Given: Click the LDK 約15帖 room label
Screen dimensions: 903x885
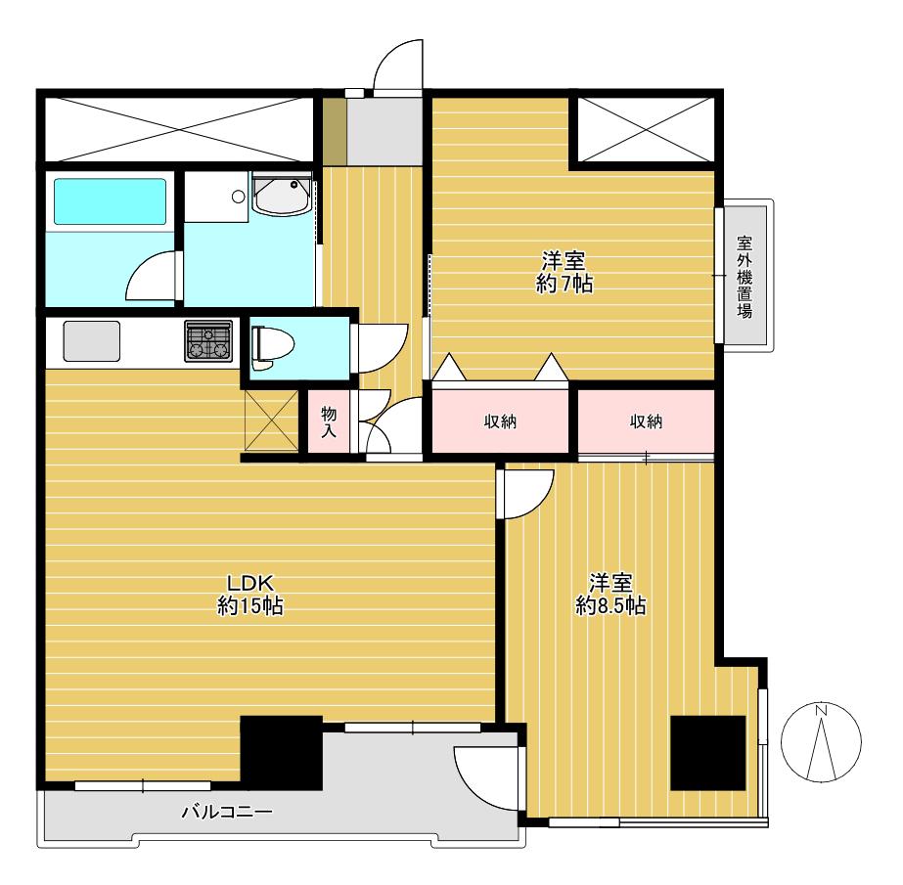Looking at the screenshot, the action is click(x=249, y=595).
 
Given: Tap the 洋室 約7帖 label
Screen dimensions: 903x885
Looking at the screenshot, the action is click(x=564, y=273).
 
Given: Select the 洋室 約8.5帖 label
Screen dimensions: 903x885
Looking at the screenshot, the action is click(x=610, y=595).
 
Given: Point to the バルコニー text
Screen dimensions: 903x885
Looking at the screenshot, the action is click(x=227, y=812).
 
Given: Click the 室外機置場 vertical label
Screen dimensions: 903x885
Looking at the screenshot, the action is click(x=745, y=277).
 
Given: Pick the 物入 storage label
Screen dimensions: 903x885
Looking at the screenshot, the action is click(x=329, y=421).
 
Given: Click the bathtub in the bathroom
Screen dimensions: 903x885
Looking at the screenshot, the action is click(x=110, y=200).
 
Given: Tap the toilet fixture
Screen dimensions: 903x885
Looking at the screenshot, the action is click(x=272, y=348).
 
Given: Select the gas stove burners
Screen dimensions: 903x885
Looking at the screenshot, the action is click(x=208, y=341).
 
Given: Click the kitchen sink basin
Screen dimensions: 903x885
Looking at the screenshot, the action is click(x=92, y=341).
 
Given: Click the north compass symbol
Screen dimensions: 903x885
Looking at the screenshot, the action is click(x=821, y=741).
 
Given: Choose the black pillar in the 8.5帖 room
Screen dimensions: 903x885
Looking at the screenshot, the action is click(x=708, y=753).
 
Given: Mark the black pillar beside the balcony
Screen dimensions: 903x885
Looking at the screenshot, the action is click(x=281, y=753).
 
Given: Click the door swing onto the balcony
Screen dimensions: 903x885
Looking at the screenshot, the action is click(x=486, y=778).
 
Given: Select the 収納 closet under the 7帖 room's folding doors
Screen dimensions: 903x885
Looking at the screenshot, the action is click(x=500, y=421).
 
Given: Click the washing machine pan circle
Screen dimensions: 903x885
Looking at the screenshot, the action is click(x=239, y=197).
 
